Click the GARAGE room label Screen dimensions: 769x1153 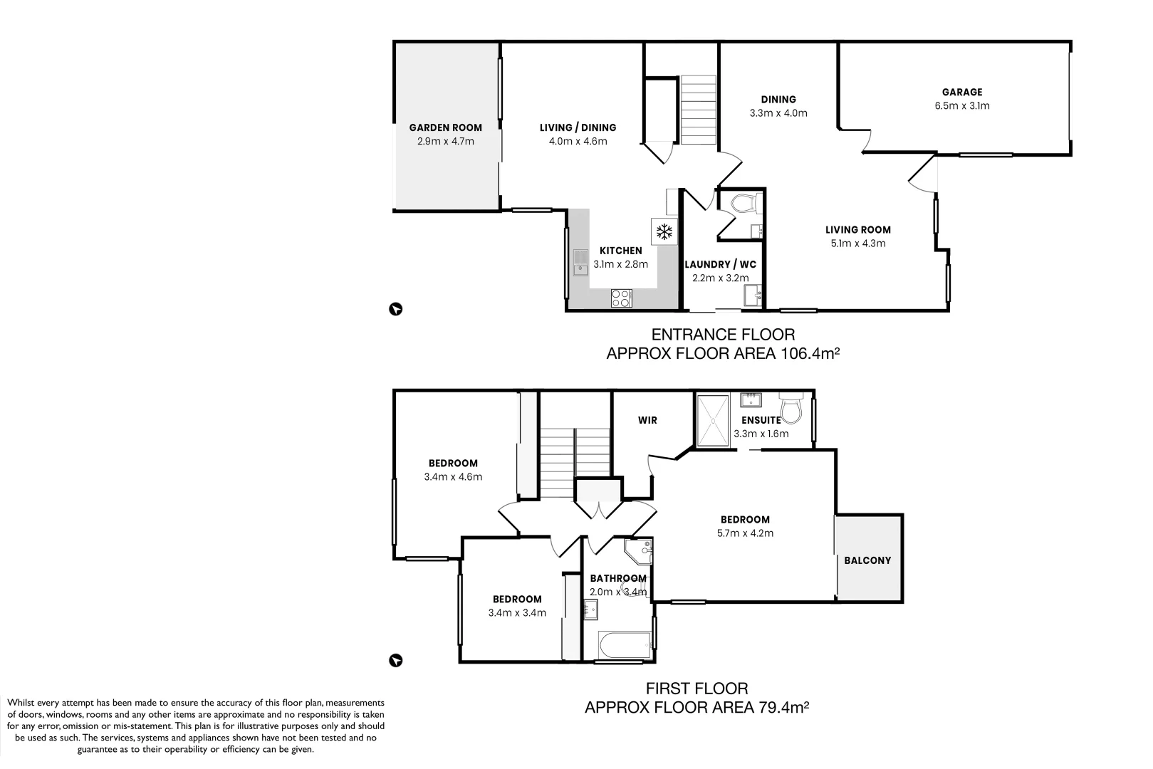(961, 93)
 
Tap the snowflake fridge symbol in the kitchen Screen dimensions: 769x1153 (664, 231)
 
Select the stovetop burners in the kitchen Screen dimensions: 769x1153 (621, 298)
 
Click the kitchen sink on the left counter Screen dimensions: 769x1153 (580, 261)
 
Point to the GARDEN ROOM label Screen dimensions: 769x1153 (445, 128)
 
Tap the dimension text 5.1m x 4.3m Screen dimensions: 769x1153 (857, 244)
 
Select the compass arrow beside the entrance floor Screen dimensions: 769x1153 (396, 309)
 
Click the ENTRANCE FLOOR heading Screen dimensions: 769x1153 (723, 334)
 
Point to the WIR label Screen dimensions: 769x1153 (647, 420)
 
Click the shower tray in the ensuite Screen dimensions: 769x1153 (713, 422)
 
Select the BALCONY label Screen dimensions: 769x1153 (867, 560)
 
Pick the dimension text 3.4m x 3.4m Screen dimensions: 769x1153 (517, 613)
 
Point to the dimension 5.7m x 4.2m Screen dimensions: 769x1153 (745, 533)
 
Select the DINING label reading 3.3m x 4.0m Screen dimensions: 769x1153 (778, 100)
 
